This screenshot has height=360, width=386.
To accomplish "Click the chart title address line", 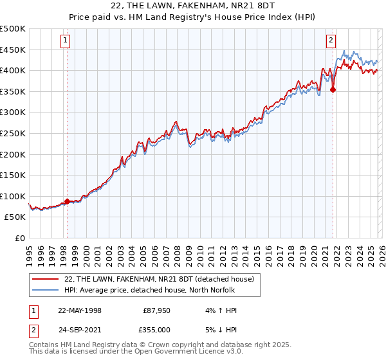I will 192,6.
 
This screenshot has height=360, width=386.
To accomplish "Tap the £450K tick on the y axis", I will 13,50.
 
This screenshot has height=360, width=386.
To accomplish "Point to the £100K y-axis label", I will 13,196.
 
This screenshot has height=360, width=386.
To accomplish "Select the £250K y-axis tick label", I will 13,133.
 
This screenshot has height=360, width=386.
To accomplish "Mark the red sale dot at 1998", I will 67,201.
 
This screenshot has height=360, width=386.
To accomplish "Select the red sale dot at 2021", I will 333,90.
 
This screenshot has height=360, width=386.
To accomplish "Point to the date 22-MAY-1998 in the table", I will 80,310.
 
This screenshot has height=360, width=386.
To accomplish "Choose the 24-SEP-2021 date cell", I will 80,329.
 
